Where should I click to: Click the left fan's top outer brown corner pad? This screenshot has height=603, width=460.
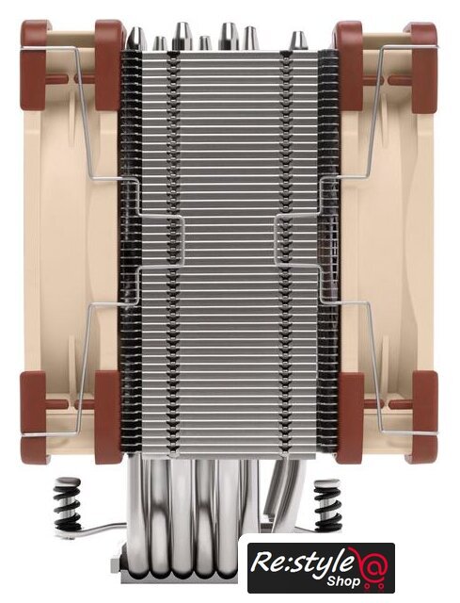pyautogui.click(x=34, y=65)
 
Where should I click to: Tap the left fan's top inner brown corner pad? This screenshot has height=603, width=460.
pyautogui.click(x=108, y=65)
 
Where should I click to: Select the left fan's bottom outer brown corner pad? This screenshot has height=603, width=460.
pyautogui.click(x=35, y=417)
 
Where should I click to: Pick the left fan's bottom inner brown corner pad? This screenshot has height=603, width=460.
pyautogui.click(x=108, y=417)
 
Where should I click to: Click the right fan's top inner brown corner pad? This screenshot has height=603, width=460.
pyautogui.click(x=349, y=65)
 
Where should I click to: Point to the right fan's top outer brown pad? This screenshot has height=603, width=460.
pyautogui.click(x=424, y=67)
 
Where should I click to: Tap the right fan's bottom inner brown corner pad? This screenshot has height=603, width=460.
pyautogui.click(x=350, y=417)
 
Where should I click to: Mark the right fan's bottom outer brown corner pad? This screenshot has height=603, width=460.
pyautogui.click(x=424, y=417)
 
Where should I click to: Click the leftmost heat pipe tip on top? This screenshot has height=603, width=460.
pyautogui.click(x=137, y=39)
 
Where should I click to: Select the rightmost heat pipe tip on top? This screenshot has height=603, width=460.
pyautogui.click(x=298, y=41)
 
